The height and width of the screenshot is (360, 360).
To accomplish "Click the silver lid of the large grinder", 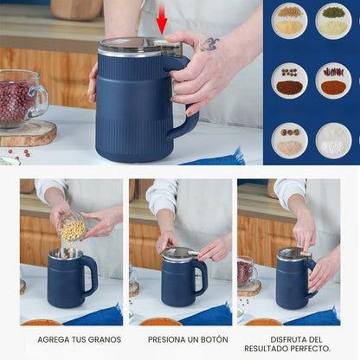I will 138,45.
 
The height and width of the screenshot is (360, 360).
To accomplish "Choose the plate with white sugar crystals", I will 333,140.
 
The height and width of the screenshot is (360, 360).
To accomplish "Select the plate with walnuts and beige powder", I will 290,140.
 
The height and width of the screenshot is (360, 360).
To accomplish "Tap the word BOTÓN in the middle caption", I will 209,339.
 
